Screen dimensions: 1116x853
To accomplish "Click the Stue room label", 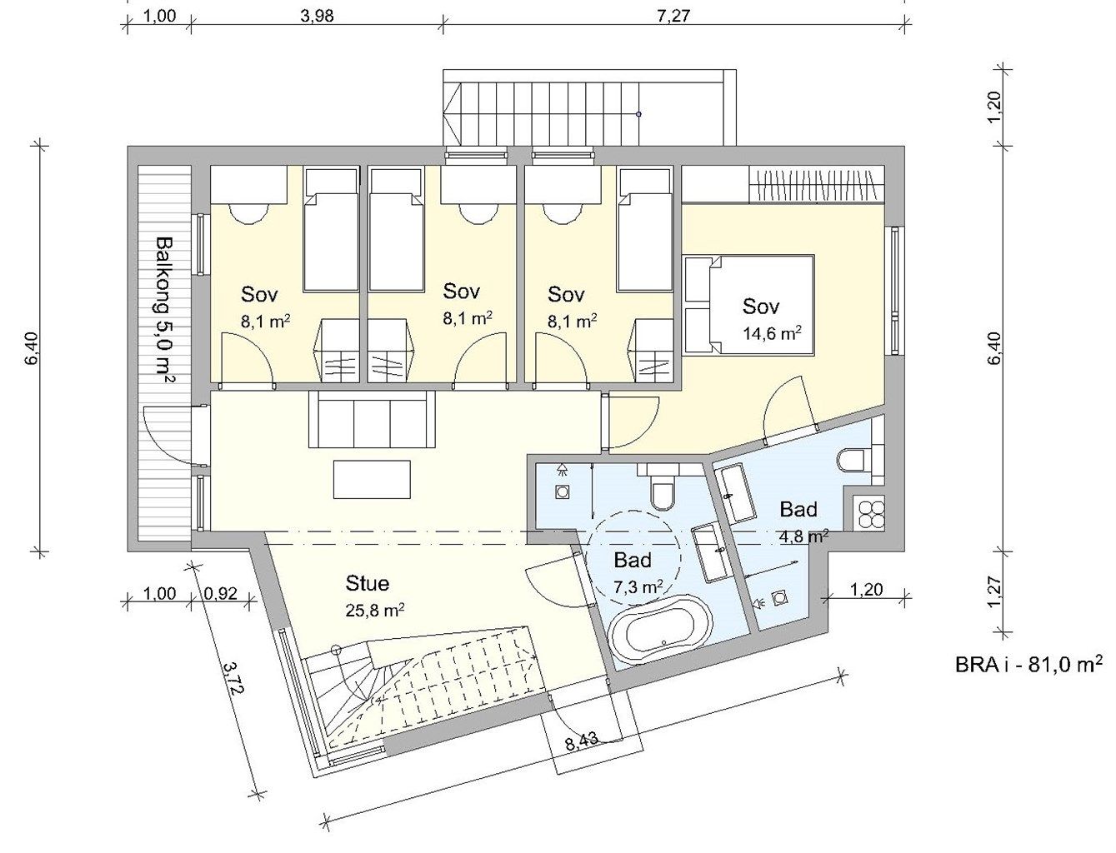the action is coord(367,583).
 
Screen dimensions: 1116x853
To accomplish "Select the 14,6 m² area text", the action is coord(773,333).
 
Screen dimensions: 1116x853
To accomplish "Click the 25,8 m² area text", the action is coord(375,609).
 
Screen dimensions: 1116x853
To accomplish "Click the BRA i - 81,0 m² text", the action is coord(1029,678).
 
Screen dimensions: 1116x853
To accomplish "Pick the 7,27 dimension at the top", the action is coord(673,16).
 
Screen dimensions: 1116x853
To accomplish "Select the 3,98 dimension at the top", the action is coord(318,16).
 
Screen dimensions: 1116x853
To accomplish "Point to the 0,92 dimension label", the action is coord(220,593).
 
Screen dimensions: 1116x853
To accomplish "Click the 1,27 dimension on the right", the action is coord(994,591).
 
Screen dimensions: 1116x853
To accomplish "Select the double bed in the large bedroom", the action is coord(749,304).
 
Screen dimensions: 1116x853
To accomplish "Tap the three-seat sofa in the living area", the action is coord(372,419).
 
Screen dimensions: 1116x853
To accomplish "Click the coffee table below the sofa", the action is coord(372,479).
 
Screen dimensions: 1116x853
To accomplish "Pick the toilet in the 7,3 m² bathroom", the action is coord(662,491).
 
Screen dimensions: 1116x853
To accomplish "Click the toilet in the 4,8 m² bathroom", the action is coord(853,461).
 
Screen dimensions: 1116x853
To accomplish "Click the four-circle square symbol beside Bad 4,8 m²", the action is coord(871,514).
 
